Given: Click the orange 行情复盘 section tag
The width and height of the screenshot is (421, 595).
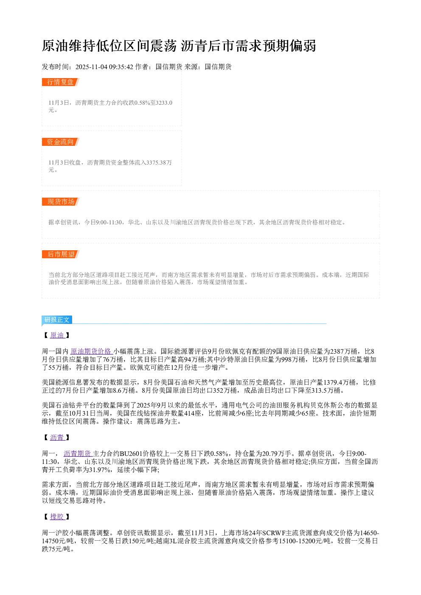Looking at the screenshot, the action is (x=60, y=82).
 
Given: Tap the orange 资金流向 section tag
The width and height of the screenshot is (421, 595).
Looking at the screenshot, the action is (x=60, y=142).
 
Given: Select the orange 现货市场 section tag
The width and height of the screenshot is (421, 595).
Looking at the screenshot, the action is (x=60, y=201).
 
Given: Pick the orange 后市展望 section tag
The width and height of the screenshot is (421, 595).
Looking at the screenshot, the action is (x=60, y=254).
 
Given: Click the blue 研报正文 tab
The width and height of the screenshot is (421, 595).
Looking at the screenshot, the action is (x=57, y=319).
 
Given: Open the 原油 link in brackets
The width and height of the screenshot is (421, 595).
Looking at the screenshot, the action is (x=57, y=335).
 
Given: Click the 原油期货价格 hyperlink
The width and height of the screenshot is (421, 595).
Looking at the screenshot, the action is (x=91, y=352).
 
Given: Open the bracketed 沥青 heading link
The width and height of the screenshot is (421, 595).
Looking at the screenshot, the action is (x=57, y=438).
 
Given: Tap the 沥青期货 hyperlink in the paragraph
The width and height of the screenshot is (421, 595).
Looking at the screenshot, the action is (x=78, y=453).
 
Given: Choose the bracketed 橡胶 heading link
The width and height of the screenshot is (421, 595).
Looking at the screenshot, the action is (x=57, y=517).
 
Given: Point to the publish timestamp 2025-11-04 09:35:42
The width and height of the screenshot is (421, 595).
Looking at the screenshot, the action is (x=104, y=67).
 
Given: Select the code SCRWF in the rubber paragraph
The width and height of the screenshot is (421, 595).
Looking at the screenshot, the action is (x=274, y=533).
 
